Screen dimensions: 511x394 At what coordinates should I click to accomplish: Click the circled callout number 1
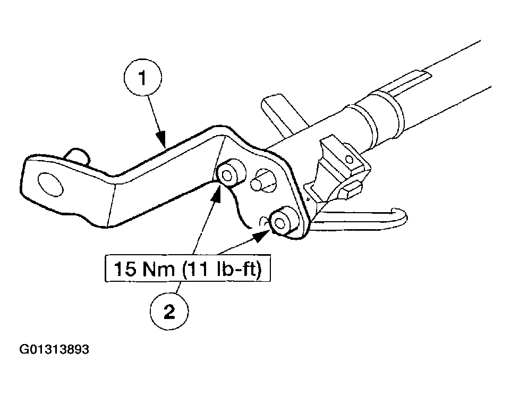[143, 78]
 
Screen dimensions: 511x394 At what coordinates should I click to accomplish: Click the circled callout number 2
[169, 311]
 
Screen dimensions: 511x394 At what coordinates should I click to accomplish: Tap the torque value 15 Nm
[144, 269]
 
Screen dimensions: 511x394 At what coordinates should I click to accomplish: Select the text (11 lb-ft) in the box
[222, 269]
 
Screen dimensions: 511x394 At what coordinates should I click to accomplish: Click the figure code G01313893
[54, 349]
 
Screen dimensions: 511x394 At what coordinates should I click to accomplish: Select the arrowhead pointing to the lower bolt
[262, 236]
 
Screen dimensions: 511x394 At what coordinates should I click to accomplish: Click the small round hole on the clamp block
[349, 160]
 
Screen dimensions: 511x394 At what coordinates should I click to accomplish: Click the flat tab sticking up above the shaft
[280, 113]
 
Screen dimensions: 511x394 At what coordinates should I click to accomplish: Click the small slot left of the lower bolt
[264, 221]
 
